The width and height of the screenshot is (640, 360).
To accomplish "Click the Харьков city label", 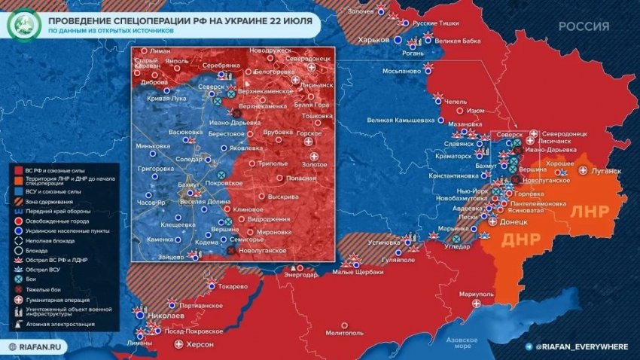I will (373, 39).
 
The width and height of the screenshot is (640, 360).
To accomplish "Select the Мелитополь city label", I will (346, 332).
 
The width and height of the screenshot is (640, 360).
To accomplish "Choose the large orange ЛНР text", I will (594, 211).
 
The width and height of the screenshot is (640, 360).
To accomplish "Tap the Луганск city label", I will (605, 171).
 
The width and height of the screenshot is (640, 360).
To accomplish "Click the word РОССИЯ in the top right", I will (584, 26).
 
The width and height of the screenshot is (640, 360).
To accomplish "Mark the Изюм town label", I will (476, 111).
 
